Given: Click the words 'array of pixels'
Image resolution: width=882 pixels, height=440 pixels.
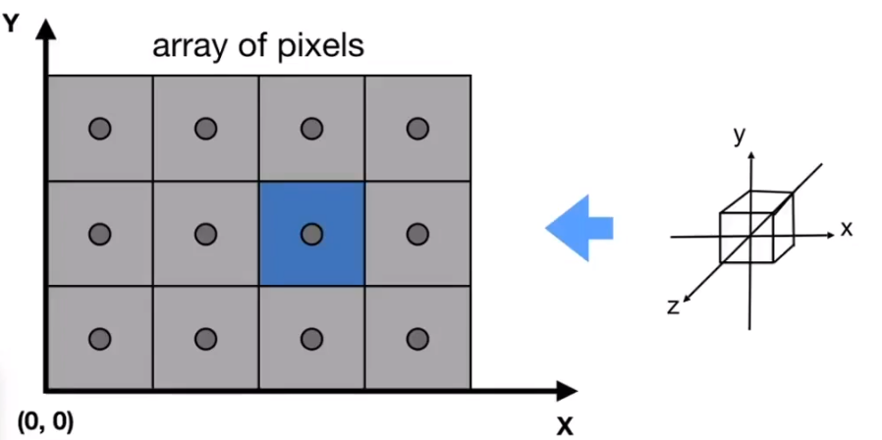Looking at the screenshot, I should coord(257,46).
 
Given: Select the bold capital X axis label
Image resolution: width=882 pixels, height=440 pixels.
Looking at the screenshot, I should coord(565,425).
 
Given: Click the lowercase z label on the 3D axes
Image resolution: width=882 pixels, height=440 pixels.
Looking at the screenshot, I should coord(673,306).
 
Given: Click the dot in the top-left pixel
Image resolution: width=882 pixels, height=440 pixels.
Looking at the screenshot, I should coord(99,128).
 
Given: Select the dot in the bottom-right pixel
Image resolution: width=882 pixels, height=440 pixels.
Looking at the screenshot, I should coord(417,339).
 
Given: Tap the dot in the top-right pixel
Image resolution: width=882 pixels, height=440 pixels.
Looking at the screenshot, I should coord(417,128).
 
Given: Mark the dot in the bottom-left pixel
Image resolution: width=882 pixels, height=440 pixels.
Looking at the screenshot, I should coord(99,339).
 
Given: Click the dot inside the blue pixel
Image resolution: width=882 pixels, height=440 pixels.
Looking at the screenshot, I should coord(311,234).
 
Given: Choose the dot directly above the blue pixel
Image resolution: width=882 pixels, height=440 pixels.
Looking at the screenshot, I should coord(311,128).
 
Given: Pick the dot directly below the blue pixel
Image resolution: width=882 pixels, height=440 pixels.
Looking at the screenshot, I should coord(311,339).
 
